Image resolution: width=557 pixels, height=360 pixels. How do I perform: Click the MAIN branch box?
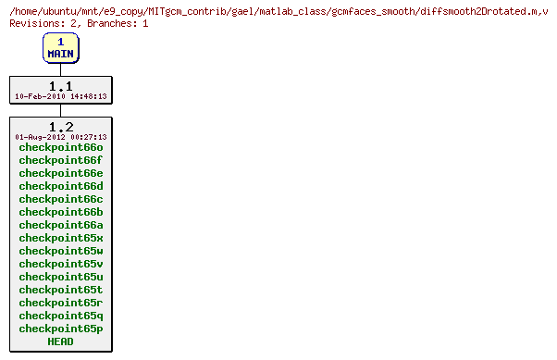(60, 48)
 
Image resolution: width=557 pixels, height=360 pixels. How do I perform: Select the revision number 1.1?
(60, 85)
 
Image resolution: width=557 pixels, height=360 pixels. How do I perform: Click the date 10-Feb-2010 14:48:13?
(60, 96)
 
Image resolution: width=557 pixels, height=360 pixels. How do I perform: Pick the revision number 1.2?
(60, 126)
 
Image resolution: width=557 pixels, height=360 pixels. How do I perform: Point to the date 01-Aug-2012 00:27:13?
(60, 137)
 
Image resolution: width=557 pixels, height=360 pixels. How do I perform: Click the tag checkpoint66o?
(60, 147)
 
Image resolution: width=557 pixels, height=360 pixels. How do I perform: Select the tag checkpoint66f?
(60, 160)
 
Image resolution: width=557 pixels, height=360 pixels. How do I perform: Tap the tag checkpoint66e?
(60, 173)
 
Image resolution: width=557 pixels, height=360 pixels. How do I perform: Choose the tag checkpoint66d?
(60, 186)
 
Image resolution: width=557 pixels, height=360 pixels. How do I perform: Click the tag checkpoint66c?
(60, 199)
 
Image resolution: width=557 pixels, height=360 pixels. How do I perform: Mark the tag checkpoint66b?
(60, 212)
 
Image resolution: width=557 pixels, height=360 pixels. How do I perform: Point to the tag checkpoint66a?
(60, 225)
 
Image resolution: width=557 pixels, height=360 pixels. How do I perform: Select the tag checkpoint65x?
(60, 238)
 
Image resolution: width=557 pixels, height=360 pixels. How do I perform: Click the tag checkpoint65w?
(60, 251)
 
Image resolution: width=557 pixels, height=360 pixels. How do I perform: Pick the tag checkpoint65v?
(60, 264)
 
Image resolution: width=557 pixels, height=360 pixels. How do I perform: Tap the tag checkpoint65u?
(60, 277)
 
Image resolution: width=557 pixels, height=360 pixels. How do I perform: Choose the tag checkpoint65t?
(60, 290)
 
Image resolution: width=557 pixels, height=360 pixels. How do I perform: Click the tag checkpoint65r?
(60, 303)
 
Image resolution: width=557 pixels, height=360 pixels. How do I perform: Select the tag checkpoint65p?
(60, 329)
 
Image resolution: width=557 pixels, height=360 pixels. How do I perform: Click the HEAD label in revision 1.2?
(60, 341)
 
